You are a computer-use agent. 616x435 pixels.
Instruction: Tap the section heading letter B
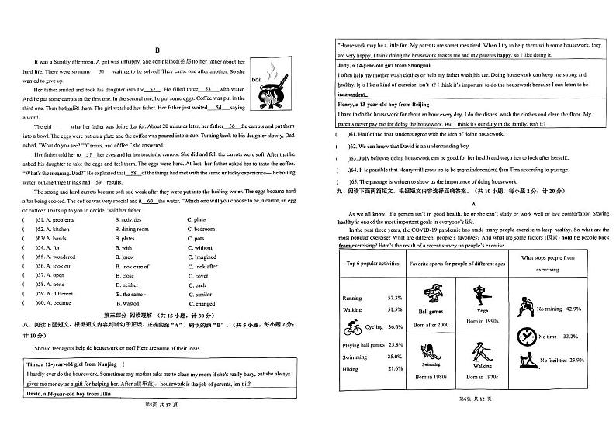point(156,48)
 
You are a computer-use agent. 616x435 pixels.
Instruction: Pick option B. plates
point(124,238)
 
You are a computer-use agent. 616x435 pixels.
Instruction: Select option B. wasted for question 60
point(126,303)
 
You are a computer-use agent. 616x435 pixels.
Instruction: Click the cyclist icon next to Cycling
point(354,326)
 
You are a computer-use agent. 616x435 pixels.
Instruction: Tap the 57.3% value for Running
point(395,298)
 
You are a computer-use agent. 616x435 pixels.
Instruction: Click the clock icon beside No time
point(524,337)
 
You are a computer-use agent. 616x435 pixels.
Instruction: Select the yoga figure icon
point(481,295)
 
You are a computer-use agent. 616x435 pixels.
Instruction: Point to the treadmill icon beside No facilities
point(524,361)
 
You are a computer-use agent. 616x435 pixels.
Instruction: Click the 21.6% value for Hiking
point(395,368)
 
